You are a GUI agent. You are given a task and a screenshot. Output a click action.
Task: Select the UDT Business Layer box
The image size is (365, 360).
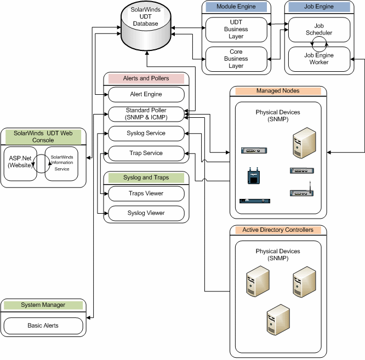click(236, 30)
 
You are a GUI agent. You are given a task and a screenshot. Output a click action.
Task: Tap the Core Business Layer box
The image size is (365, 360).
click(236, 59)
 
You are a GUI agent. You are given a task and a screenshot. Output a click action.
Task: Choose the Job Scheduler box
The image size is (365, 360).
click(318, 29)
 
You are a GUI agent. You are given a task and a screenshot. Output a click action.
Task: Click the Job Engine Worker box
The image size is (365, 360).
click(318, 59)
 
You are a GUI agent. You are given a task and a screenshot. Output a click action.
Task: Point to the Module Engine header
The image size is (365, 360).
click(236, 7)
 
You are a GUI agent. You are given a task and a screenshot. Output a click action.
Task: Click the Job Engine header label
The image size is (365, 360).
click(318, 7)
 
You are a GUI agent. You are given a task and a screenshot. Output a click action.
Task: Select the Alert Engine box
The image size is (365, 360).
click(146, 94)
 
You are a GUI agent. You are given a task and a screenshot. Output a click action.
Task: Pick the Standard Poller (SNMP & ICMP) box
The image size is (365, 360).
click(146, 114)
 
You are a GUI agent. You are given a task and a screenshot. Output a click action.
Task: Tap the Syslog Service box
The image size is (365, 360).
click(146, 133)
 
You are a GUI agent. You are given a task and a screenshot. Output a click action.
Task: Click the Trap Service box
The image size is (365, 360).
click(146, 153)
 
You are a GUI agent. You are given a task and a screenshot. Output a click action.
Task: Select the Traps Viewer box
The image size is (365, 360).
click(146, 193)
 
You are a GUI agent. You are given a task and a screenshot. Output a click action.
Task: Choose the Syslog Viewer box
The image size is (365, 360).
click(146, 213)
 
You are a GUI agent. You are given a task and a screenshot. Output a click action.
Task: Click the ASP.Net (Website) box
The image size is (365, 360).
click(20, 162)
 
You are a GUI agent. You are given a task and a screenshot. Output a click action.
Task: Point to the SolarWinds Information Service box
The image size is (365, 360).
click(61, 162)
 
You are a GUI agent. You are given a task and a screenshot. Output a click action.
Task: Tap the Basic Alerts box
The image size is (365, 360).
click(43, 325)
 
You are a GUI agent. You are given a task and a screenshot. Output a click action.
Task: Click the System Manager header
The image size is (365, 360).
click(43, 305)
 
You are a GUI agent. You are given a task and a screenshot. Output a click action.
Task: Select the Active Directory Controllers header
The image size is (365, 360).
click(278, 230)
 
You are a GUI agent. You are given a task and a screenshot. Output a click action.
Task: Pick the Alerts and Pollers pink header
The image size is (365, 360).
click(146, 78)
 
